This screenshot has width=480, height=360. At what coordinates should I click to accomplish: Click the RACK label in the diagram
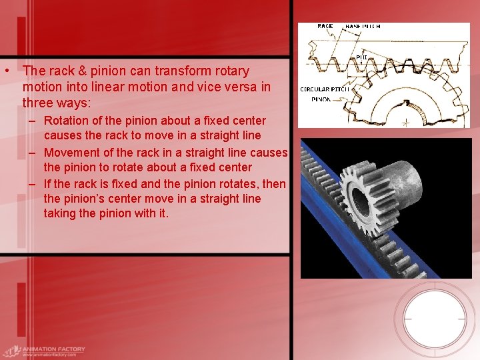pos(325,26)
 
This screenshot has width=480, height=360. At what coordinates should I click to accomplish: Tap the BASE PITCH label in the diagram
pos(363,26)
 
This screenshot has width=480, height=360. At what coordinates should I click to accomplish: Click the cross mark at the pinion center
pos(406,123)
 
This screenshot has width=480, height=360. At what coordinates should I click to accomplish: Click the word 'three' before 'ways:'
pos(37,103)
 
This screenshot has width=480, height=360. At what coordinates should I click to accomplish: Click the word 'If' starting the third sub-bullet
pos(47,183)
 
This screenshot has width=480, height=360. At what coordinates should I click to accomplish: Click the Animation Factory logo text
pos(52,349)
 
